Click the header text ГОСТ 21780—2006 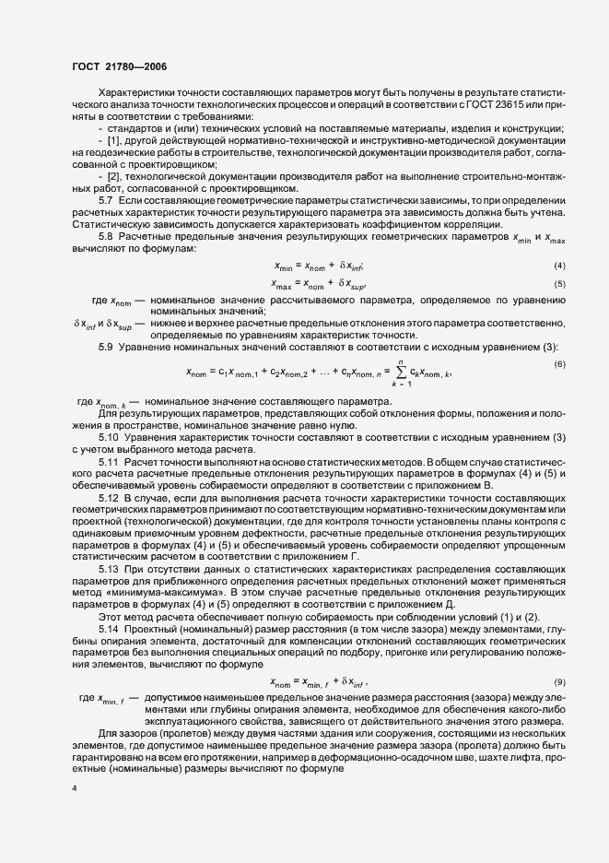pos(119,66)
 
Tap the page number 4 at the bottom pos(74,790)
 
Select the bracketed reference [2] pos(115,176)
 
